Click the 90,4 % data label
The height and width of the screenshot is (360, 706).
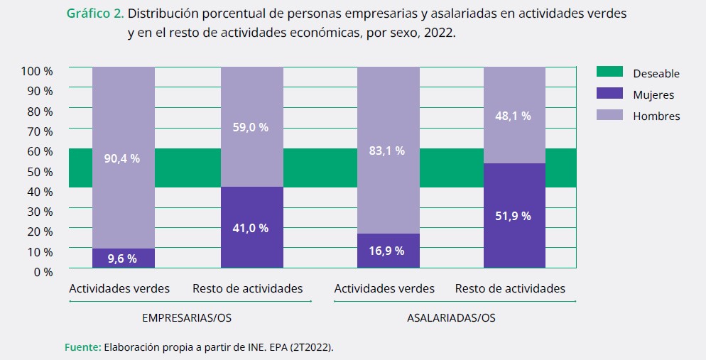[124, 158]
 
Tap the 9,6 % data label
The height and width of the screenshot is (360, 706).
[122, 258]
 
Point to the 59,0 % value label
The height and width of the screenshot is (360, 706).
[251, 127]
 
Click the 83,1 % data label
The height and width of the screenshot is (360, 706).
[388, 151]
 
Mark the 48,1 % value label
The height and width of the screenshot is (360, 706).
[514, 116]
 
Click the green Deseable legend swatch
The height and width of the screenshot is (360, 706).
[609, 72]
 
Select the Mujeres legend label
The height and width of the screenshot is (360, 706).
[653, 94]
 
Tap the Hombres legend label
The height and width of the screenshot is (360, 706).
[656, 116]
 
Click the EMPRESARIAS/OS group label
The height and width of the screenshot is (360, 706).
[186, 317]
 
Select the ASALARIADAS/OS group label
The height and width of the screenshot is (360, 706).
[451, 317]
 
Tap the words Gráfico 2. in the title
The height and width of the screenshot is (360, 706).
[95, 13]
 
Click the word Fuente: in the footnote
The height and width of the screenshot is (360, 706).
[82, 348]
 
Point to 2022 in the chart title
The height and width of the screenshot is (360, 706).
[439, 34]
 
